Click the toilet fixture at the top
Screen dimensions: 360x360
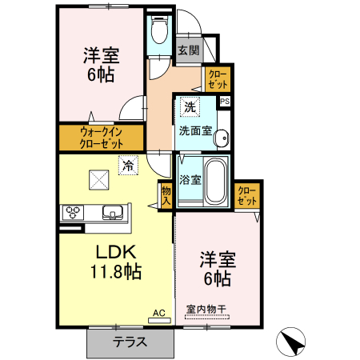coord(159,31)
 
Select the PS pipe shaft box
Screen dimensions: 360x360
coord(225,102)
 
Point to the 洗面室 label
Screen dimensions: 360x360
coord(195,130)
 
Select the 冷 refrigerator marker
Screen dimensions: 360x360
coord(128,166)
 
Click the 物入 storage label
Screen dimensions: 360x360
coord(166,195)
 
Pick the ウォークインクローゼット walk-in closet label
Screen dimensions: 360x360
coord(101,138)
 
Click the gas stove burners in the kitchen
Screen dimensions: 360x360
coord(74,213)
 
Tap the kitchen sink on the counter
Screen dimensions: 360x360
coord(113,213)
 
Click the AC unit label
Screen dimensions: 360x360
coord(158,314)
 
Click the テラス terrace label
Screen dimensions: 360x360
coord(129,342)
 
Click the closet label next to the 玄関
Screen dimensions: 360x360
coord(218,79)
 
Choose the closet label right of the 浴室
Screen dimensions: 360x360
coord(247,194)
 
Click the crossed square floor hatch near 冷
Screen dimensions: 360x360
coord(98,180)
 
